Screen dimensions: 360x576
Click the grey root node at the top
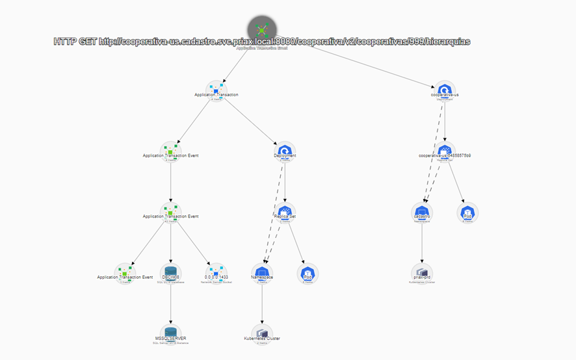click(261, 30)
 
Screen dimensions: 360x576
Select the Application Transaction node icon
click(216, 91)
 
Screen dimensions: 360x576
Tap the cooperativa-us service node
click(445, 91)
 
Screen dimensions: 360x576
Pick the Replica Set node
click(285, 212)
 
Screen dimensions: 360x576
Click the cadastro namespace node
click(422, 212)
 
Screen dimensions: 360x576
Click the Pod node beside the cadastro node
click(467, 212)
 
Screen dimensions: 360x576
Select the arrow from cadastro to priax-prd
click(422, 243)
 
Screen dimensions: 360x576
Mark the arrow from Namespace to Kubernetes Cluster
click(261, 304)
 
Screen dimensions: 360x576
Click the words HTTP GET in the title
click(75, 42)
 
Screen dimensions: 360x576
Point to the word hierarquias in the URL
click(448, 42)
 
